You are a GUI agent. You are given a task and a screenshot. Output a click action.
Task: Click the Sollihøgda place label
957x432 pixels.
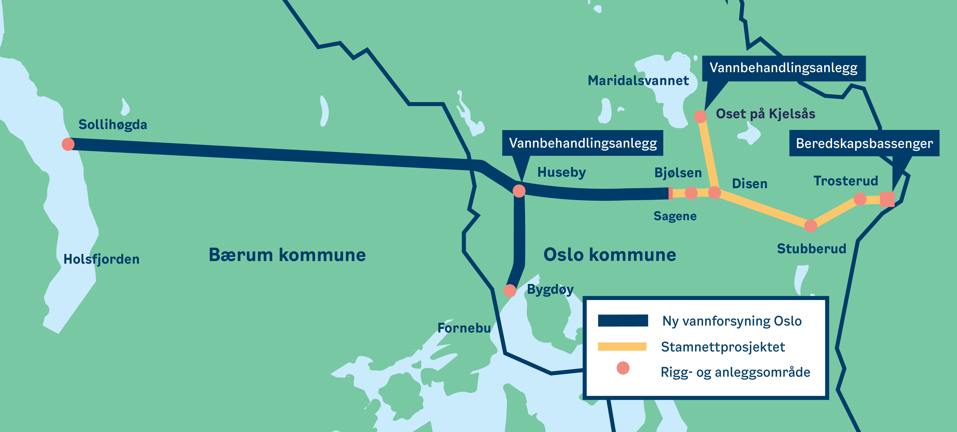pyautogui.click(x=113, y=125)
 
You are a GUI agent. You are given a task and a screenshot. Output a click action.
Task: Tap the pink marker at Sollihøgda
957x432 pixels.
pyautogui.click(x=68, y=144)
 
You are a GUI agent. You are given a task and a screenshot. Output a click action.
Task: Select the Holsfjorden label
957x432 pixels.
pyautogui.click(x=101, y=259)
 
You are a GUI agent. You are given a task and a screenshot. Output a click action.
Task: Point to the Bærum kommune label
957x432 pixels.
pyautogui.click(x=287, y=255)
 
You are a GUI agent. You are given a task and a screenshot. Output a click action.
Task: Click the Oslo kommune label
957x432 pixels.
pyautogui.click(x=610, y=255)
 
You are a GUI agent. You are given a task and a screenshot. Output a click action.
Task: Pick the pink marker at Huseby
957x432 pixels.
pyautogui.click(x=519, y=191)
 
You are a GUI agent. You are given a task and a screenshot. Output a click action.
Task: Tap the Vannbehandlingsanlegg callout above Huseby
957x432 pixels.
pyautogui.click(x=583, y=143)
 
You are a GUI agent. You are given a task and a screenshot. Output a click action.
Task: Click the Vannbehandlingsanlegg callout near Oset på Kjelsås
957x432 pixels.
pyautogui.click(x=783, y=68)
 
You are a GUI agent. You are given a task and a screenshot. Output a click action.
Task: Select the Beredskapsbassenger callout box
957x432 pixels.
pyautogui.click(x=864, y=143)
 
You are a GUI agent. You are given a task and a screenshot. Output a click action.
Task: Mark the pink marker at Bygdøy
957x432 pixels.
pyautogui.click(x=510, y=291)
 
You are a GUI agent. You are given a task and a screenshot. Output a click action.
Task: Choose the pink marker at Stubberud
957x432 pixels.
pyautogui.click(x=811, y=226)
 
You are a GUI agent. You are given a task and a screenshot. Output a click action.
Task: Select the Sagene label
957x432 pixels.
pyautogui.click(x=675, y=216)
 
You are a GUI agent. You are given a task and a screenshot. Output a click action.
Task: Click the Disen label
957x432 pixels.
pyautogui.click(x=749, y=184)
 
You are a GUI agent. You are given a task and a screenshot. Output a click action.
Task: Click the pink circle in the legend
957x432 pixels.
pyautogui.click(x=623, y=368)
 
